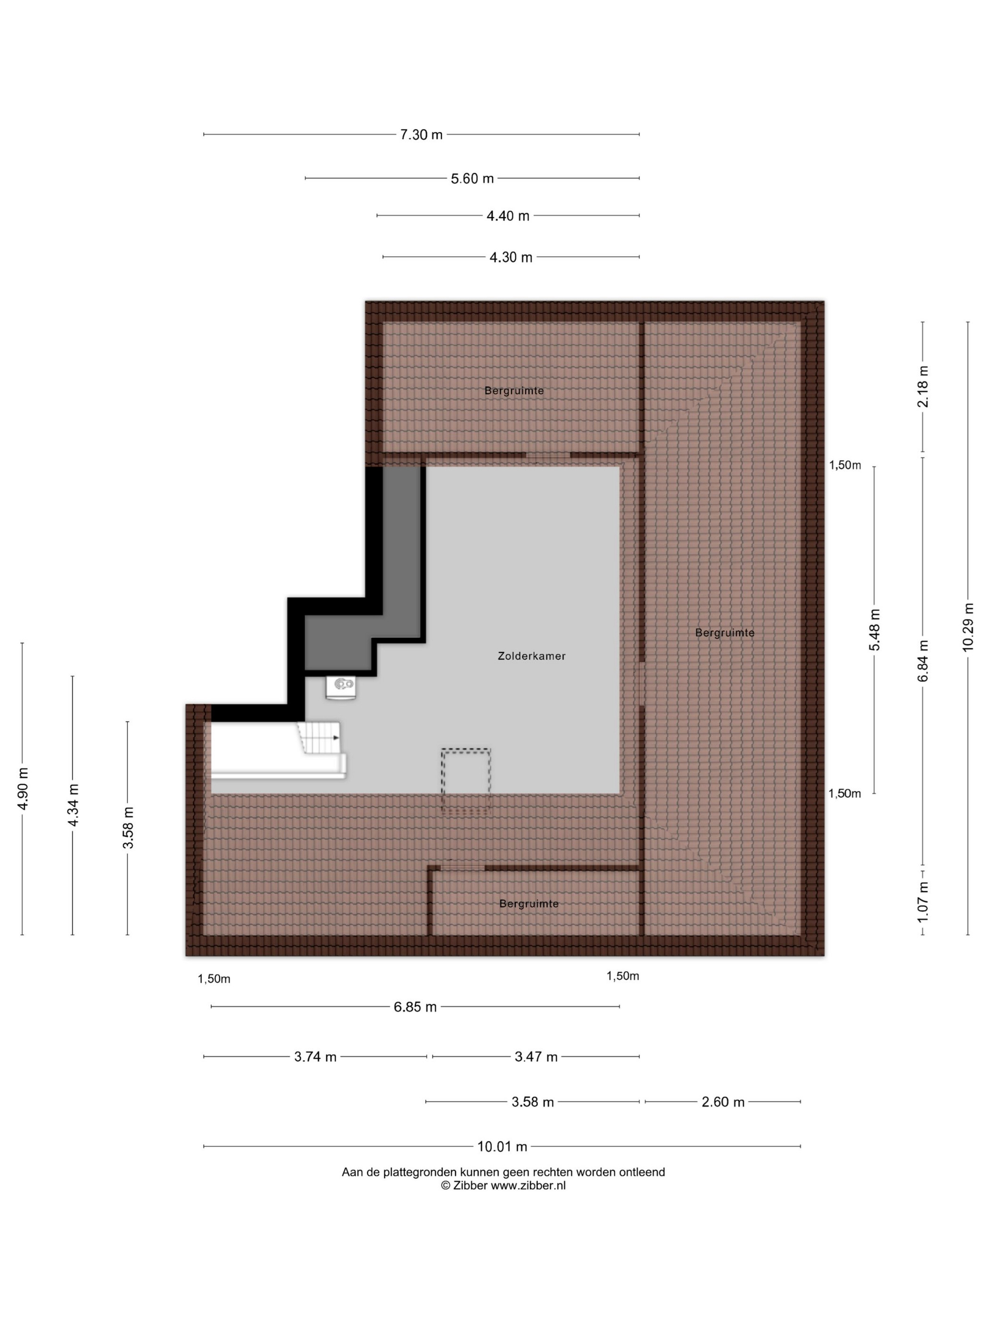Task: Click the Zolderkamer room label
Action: pos(531,656)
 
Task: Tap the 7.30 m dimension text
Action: pos(421,135)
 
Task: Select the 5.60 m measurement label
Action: pos(472,178)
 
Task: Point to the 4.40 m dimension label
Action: pos(508,216)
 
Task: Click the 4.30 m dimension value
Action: pos(511,258)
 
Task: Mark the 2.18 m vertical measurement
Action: pos(923,386)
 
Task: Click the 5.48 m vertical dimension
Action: pos(874,630)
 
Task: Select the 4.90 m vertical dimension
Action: pos(23,789)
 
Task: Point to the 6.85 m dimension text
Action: pos(415,1007)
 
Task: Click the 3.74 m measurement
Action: pos(315,1057)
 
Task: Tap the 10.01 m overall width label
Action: pos(502,1147)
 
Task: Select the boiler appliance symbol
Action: pos(341,687)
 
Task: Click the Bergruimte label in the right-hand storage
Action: pos(725,633)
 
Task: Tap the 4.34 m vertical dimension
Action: pos(73,805)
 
